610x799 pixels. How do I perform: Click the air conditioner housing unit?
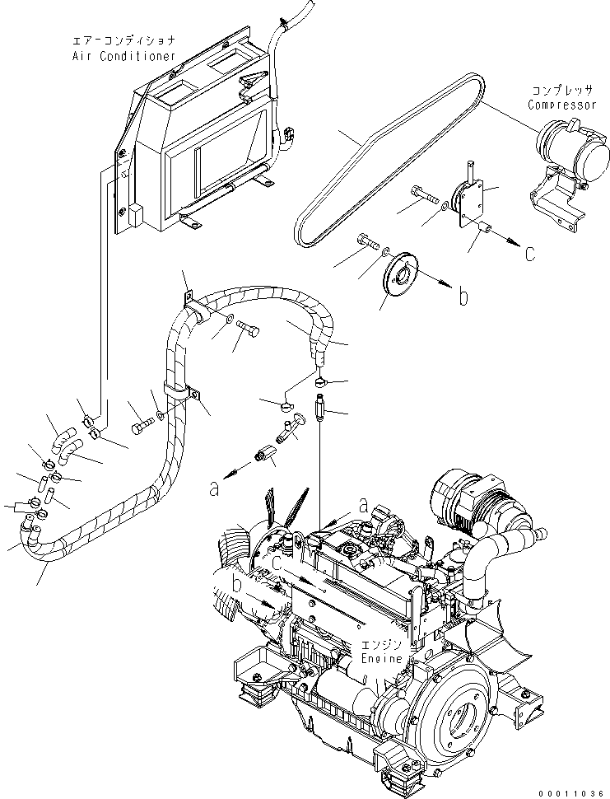[198, 140]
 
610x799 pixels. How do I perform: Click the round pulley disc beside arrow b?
[403, 275]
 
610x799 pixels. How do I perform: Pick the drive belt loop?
[387, 157]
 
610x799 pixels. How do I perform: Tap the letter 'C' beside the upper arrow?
[530, 253]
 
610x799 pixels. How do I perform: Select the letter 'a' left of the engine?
[214, 488]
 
